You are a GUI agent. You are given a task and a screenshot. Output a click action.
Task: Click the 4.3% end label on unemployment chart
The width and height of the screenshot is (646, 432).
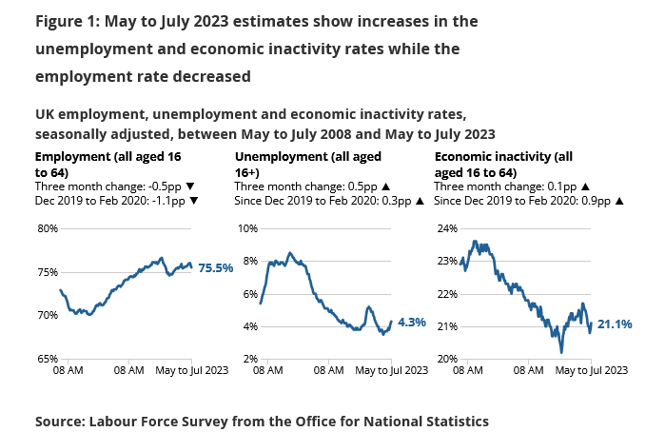tap(413, 323)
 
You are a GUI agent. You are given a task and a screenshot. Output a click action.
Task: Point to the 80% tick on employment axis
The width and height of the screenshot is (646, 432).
tap(48, 228)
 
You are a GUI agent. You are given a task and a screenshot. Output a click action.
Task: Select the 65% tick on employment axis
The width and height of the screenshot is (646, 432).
tap(48, 359)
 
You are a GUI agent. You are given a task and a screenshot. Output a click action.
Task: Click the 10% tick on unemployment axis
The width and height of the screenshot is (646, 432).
tap(247, 228)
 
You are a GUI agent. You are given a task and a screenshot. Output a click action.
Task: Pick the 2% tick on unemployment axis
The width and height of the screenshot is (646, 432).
tap(249, 359)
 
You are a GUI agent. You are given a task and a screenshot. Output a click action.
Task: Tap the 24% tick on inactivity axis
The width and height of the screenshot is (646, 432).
tap(447, 228)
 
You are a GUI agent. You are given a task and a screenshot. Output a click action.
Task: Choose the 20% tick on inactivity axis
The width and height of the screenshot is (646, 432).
tap(447, 359)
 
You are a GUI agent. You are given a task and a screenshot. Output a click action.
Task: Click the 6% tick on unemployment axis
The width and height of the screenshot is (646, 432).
tap(249, 294)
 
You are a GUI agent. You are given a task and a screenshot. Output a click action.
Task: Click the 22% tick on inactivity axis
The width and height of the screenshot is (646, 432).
tap(447, 294)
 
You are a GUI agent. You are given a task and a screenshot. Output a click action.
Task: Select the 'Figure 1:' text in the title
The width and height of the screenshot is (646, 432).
tap(68, 20)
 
